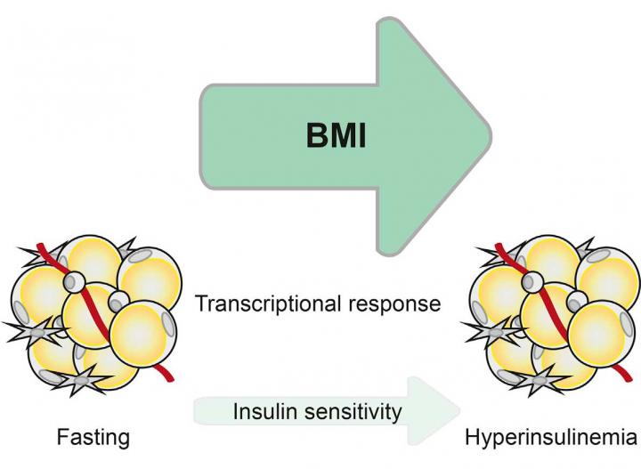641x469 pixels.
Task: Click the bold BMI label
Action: point(344,140)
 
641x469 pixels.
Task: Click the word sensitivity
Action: point(355,412)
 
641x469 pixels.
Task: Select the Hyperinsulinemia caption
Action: point(551,437)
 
